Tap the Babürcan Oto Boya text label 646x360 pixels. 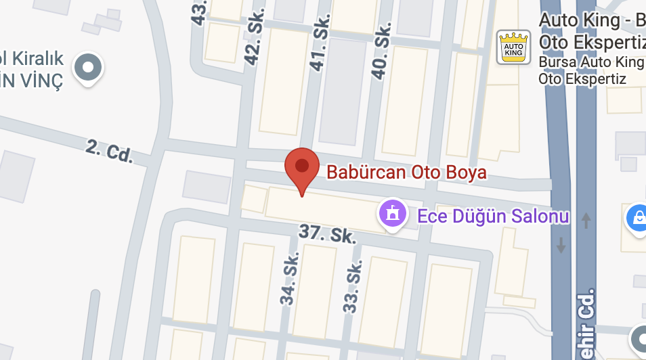(x=406, y=173)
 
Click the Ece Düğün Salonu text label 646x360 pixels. (x=493, y=217)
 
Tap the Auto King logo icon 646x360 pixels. (x=513, y=47)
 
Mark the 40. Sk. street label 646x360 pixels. (x=382, y=51)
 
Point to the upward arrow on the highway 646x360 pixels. (x=586, y=220)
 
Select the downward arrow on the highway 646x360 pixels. (x=561, y=244)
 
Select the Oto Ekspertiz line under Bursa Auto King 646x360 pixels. (x=582, y=79)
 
